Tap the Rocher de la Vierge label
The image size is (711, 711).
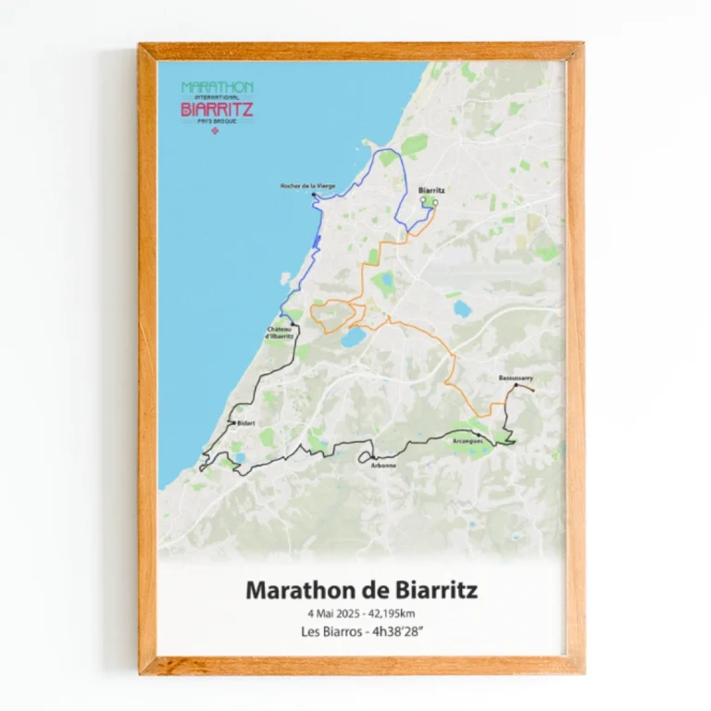[x=307, y=186]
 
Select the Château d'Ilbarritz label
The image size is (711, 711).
[x=280, y=332]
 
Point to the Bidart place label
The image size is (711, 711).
[x=245, y=423]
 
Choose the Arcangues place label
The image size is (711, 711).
[x=467, y=442]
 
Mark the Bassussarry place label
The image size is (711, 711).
[x=516, y=378]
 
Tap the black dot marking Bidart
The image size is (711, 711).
[x=231, y=423]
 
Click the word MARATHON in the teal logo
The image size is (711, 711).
[x=218, y=87]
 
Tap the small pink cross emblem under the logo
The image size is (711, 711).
[x=217, y=131]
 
